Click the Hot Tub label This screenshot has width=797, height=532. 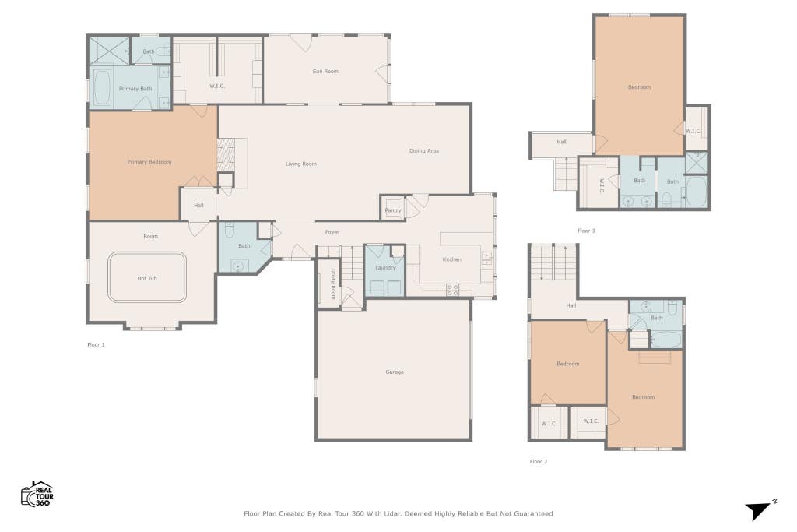(x=147, y=278)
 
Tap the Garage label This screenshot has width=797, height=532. (x=395, y=372)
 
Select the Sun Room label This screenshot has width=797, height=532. (x=325, y=71)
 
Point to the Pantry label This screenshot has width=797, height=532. (x=393, y=210)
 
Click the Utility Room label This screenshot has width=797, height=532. (x=333, y=284)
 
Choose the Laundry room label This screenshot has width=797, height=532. (x=385, y=267)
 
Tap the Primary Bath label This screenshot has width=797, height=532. (x=135, y=89)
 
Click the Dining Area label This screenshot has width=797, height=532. (x=424, y=150)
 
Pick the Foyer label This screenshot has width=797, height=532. (x=332, y=232)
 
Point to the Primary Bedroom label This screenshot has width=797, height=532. (x=149, y=162)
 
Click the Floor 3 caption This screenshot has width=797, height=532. (x=586, y=231)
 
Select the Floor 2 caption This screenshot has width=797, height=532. (x=539, y=461)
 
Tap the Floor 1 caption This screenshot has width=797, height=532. (x=96, y=344)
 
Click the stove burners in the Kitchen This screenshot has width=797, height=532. (x=452, y=290)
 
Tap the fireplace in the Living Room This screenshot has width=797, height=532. (x=226, y=155)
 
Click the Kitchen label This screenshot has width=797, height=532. (x=452, y=259)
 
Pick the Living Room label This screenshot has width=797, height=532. (x=301, y=164)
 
